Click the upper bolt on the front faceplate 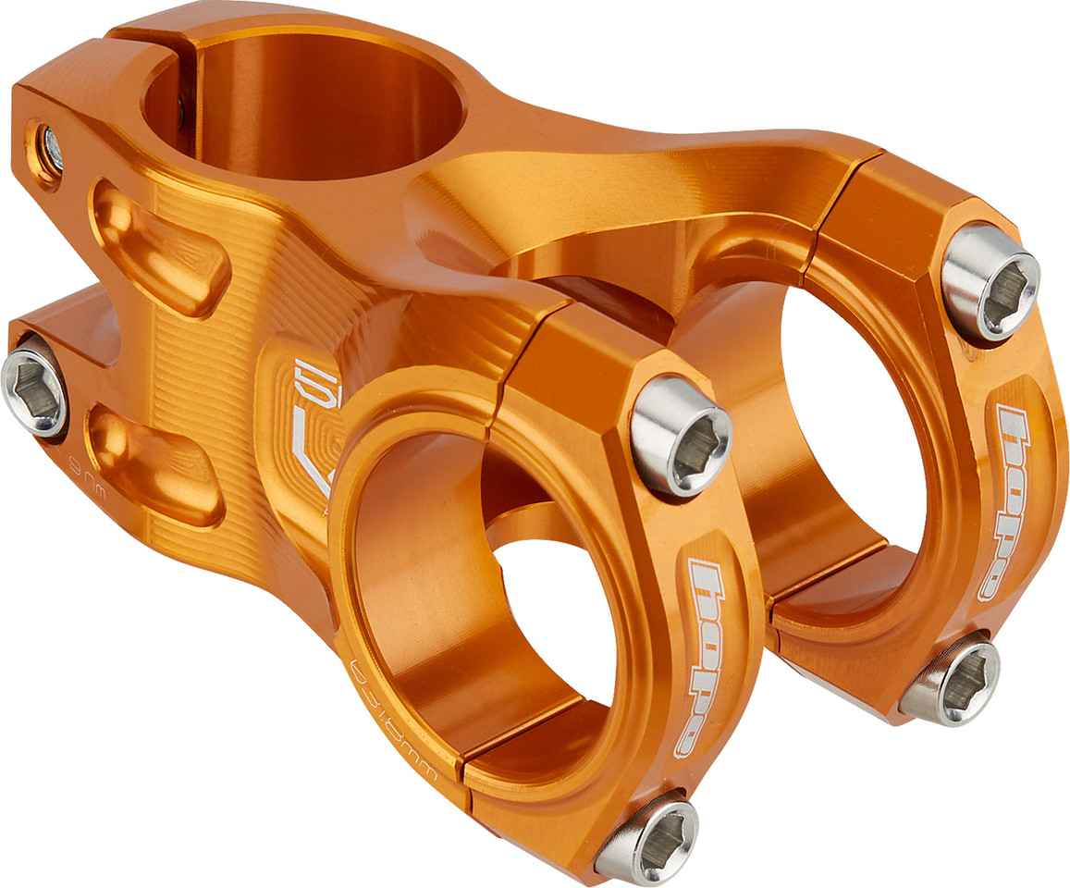click(x=681, y=436)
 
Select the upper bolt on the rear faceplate click(x=990, y=282)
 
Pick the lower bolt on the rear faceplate click(x=951, y=682)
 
